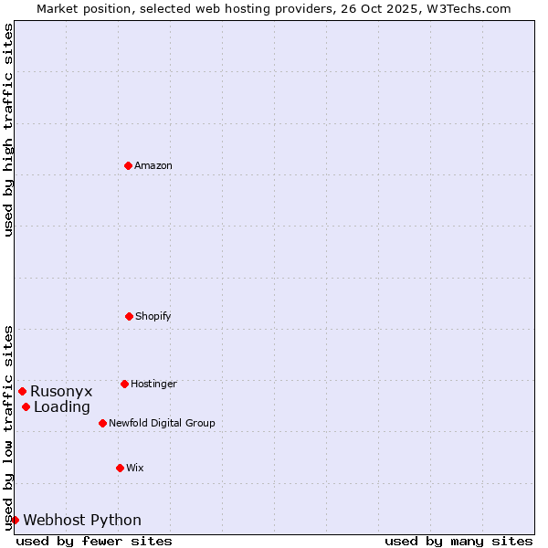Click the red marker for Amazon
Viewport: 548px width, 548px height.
[x=128, y=165]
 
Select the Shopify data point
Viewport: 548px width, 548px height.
[x=129, y=316]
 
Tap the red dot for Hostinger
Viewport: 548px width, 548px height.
[x=124, y=384]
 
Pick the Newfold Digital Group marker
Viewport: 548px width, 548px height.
[x=102, y=423]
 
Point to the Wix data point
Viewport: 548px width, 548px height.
[x=120, y=468]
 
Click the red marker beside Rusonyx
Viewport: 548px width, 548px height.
[x=22, y=391]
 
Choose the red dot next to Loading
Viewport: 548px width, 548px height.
[x=26, y=406]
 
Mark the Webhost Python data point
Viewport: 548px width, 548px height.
[x=15, y=520]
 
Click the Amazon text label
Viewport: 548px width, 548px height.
[x=153, y=165]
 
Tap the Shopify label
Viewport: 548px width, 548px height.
[x=153, y=316]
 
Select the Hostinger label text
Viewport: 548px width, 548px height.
[x=153, y=384]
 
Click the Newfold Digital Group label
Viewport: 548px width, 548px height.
[x=162, y=423]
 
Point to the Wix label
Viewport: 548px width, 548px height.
[x=134, y=468]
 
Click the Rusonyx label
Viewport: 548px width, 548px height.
[x=61, y=391]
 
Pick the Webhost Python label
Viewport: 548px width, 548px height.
[x=82, y=520]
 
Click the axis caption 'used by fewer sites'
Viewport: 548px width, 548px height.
[x=94, y=541]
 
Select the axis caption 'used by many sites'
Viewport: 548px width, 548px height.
[x=458, y=541]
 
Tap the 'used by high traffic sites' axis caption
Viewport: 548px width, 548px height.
[x=8, y=130]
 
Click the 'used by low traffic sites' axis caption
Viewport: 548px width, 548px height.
[x=8, y=427]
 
